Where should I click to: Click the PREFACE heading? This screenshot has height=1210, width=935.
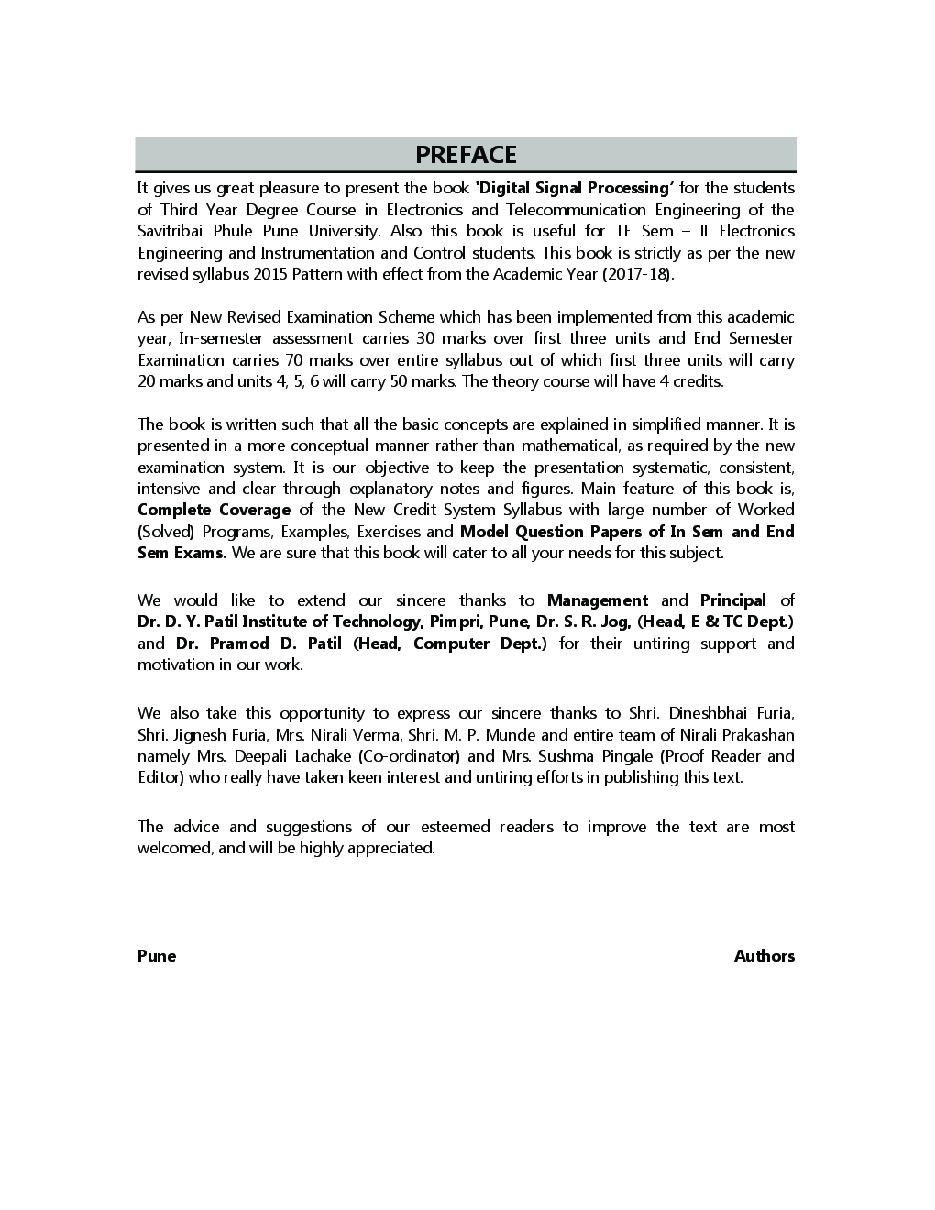466,155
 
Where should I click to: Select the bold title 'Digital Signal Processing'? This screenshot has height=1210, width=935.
575,188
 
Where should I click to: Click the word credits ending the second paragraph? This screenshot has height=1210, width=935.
698,381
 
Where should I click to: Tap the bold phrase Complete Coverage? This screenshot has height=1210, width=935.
214,510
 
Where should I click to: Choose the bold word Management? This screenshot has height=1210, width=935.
597,600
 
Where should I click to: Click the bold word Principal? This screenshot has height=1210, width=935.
732,600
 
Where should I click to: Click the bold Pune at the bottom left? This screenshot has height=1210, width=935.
157,956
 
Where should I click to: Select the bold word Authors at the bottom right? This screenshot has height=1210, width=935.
764,956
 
